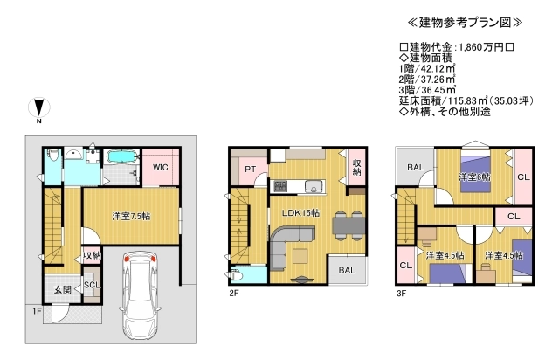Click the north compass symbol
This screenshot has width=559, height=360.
[38, 109]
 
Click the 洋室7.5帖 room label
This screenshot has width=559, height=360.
[131, 216]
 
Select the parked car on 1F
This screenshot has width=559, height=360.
[137, 294]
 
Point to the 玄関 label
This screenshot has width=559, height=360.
[62, 289]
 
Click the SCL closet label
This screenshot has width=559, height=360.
[91, 286]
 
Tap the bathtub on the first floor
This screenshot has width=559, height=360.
[120, 160]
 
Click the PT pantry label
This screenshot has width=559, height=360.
[250, 170]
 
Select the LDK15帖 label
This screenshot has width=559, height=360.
[300, 213]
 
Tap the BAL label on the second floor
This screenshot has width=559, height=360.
[347, 270]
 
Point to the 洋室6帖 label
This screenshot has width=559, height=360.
[474, 177]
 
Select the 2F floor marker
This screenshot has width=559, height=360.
[234, 294]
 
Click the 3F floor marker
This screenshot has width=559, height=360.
[401, 294]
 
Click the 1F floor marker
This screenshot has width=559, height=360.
[38, 310]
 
